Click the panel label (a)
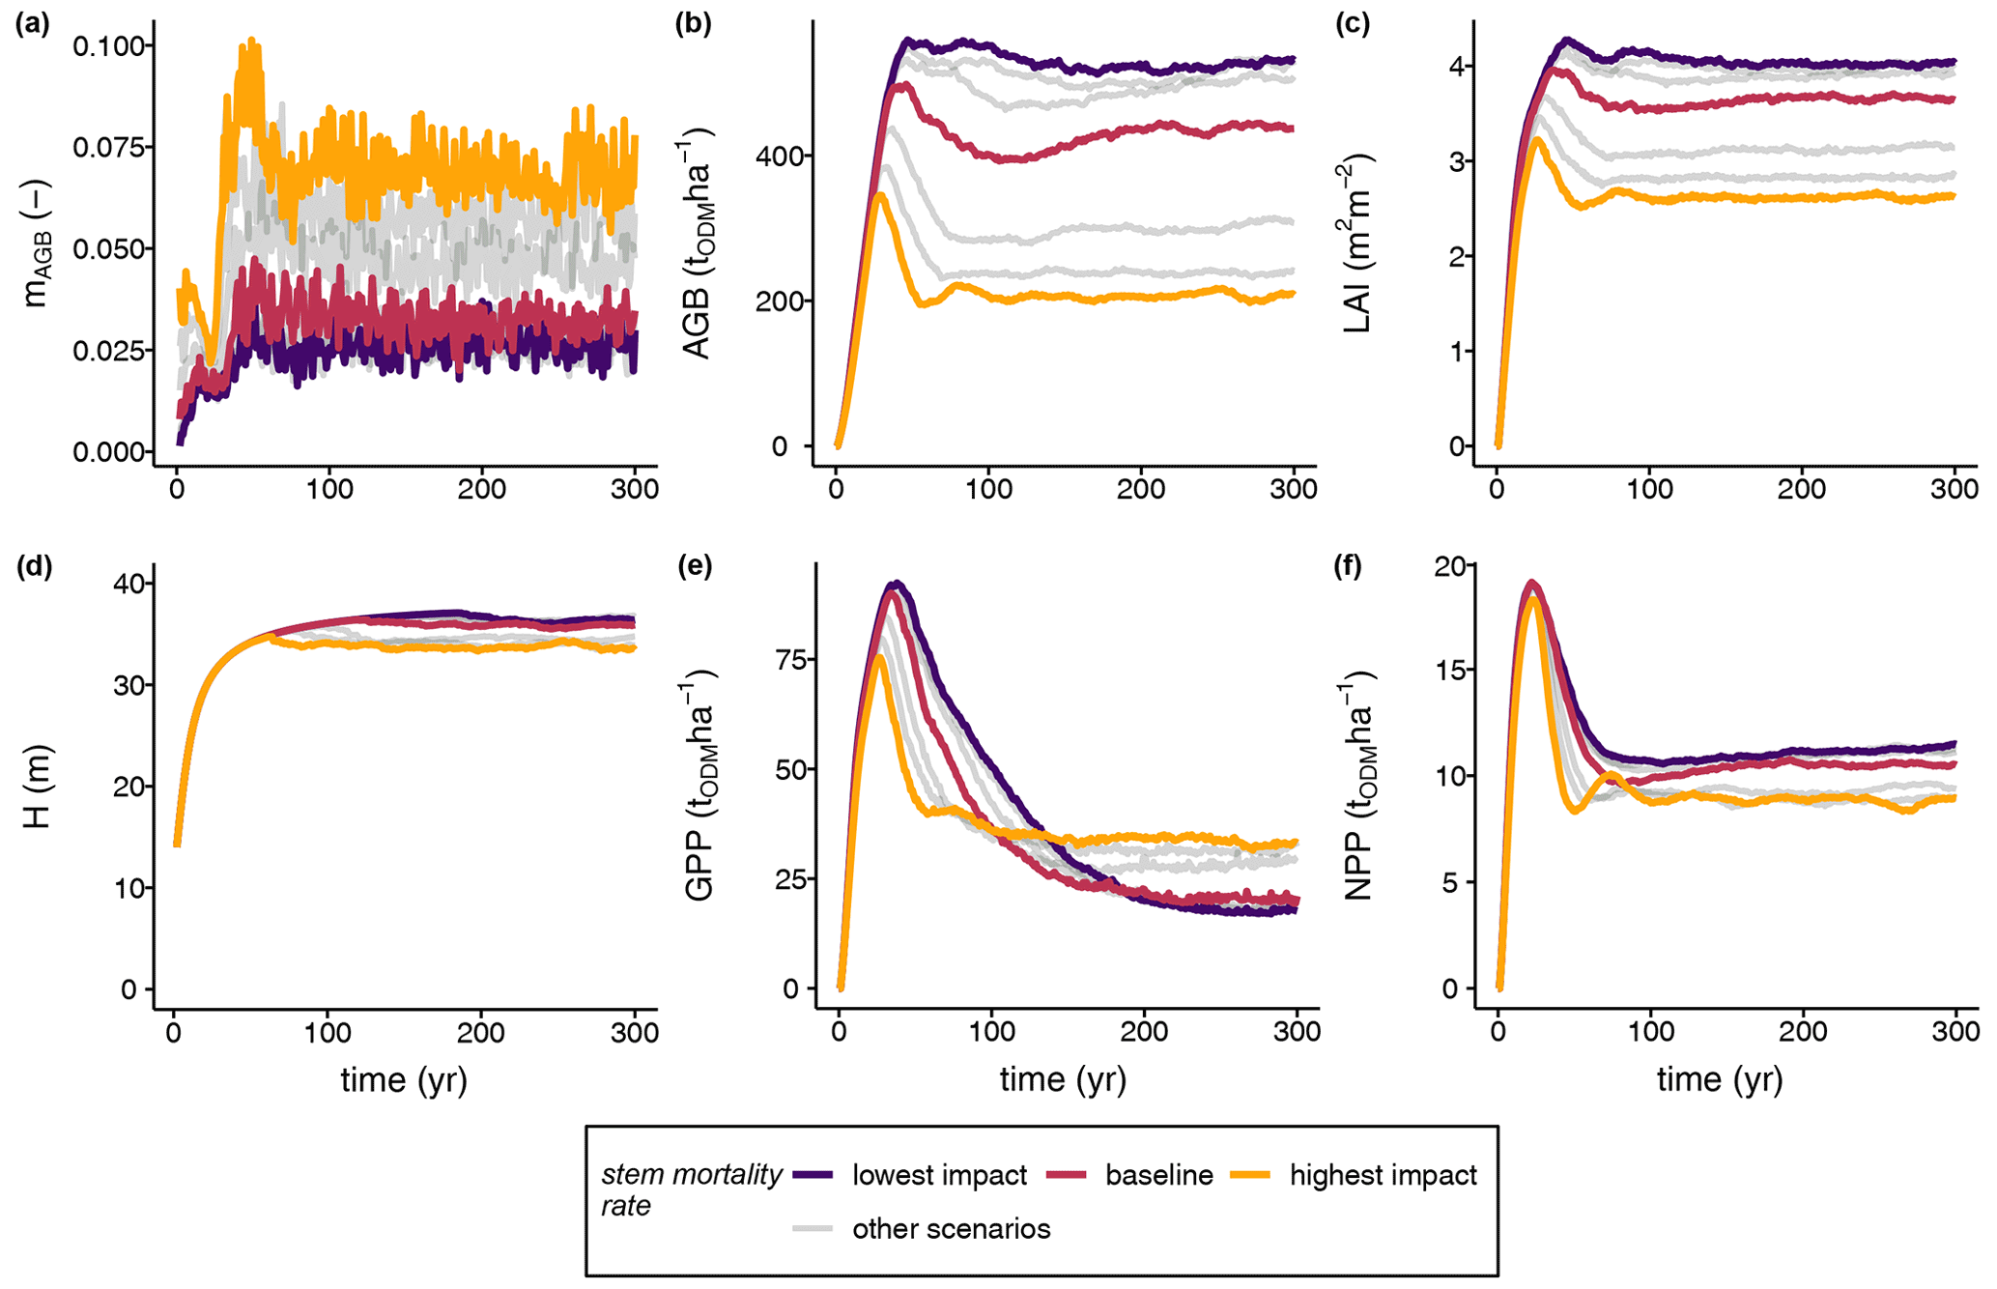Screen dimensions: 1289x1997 (x=32, y=24)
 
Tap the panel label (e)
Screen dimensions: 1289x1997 (x=693, y=566)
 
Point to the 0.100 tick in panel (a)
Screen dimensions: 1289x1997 (x=110, y=45)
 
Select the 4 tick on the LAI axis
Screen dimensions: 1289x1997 (x=1455, y=67)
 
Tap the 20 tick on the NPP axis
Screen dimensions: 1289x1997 (x=1448, y=565)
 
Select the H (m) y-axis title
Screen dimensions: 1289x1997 (x=37, y=787)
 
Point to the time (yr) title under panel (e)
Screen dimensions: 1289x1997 (x=1063, y=1079)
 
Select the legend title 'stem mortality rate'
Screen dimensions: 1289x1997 (x=691, y=1189)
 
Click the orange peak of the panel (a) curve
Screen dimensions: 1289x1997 (x=252, y=41)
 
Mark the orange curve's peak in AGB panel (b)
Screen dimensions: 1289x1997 (x=879, y=195)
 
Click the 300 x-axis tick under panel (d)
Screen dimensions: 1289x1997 (x=636, y=1032)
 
